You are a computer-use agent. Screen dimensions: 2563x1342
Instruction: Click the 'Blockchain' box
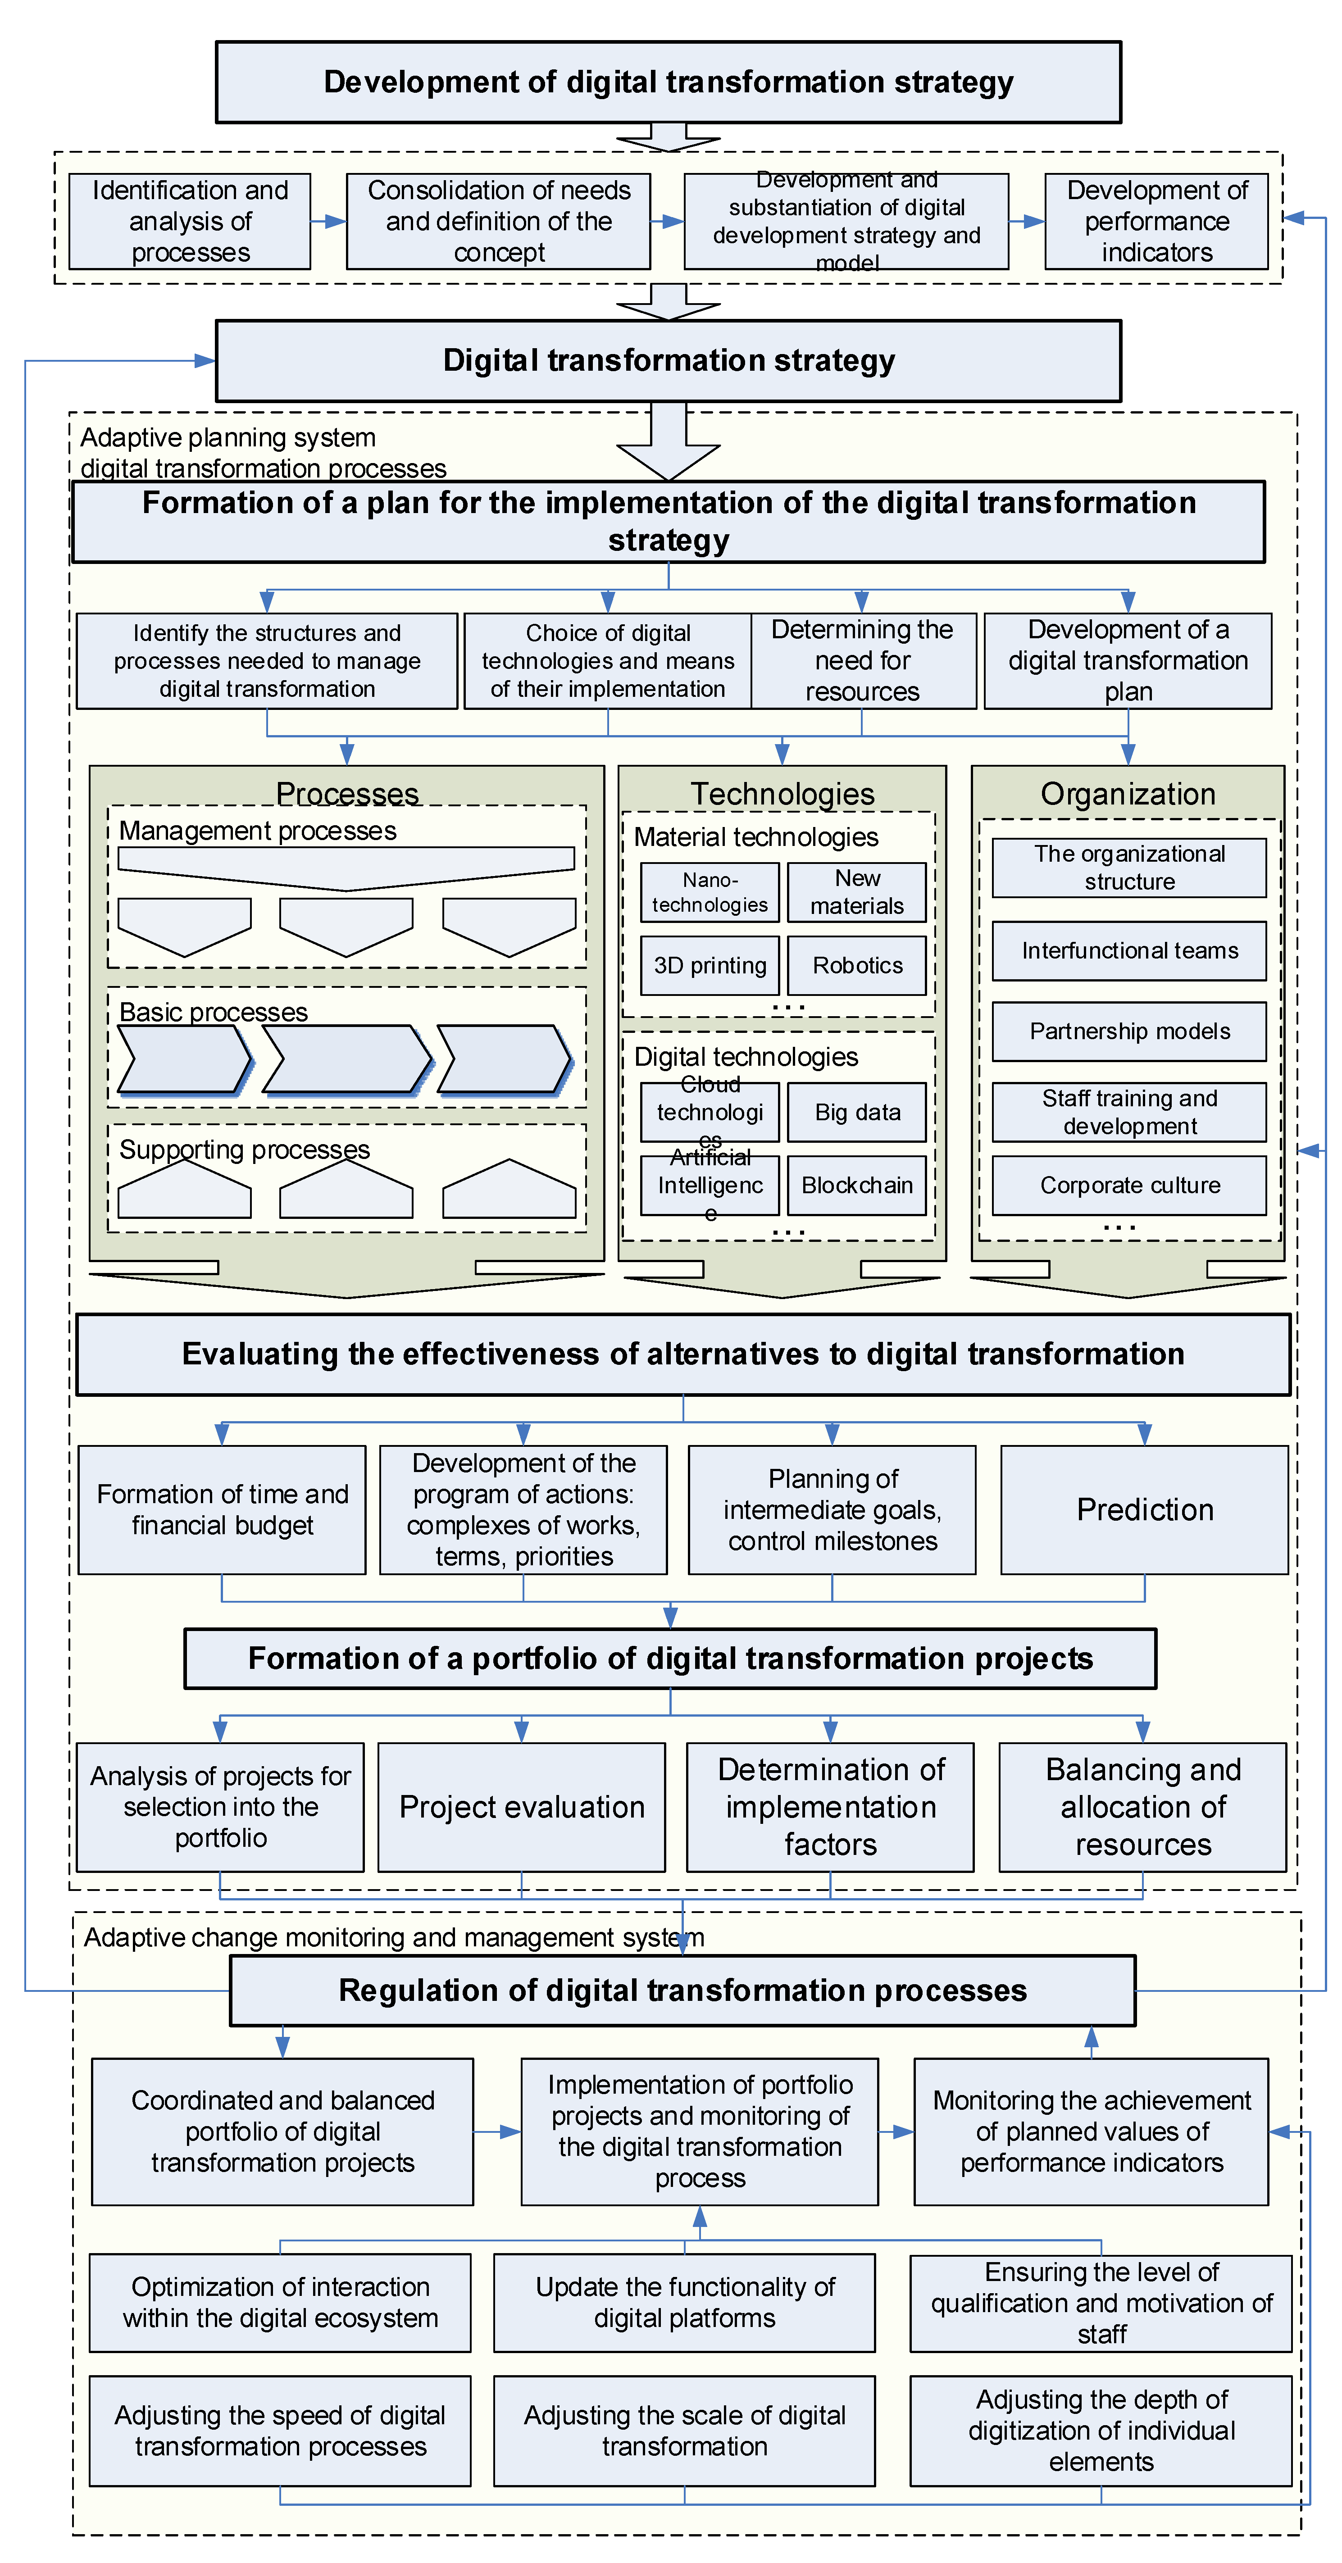click(856, 1185)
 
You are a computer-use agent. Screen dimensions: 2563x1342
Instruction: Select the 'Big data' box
click(856, 1112)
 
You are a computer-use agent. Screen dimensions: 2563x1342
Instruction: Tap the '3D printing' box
click(710, 965)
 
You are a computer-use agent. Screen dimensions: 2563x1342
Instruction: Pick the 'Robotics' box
click(856, 965)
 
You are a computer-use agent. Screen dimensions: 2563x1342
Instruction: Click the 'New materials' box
click(856, 891)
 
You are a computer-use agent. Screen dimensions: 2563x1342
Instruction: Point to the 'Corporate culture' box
click(1129, 1185)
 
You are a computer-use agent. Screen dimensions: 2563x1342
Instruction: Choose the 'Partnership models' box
click(1129, 1031)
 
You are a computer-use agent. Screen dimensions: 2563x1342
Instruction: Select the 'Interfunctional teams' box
click(1129, 950)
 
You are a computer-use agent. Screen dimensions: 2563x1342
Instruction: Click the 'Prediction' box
click(1144, 1509)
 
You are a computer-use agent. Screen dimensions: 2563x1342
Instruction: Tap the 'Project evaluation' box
click(521, 1807)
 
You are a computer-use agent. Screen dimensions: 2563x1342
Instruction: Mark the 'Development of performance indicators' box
click(1156, 221)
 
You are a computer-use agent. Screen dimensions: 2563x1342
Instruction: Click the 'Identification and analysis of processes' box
click(190, 221)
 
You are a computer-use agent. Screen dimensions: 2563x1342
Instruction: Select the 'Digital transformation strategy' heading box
click(669, 360)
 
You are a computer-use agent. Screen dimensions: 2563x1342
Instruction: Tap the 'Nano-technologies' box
click(710, 891)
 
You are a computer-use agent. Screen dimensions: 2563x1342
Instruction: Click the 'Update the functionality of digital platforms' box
click(684, 2302)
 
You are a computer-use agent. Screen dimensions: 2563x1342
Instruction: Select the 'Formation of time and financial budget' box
click(222, 1509)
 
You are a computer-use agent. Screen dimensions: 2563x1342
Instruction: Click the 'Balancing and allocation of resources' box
click(1142, 1807)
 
